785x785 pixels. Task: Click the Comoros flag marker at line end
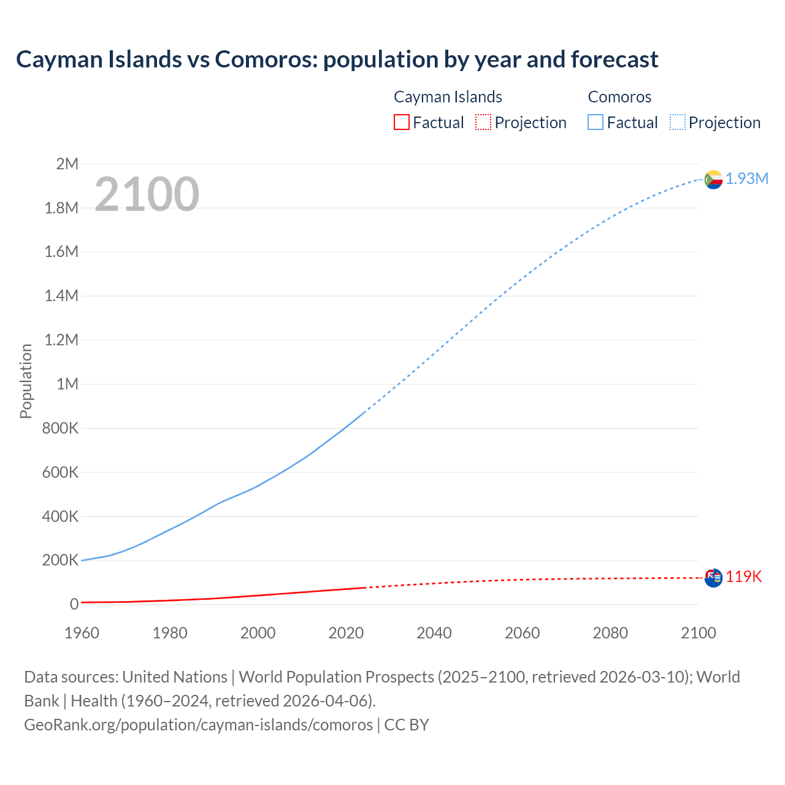[713, 180]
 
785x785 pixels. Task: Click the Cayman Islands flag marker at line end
[713, 578]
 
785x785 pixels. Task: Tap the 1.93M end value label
[747, 178]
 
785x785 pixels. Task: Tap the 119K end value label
[744, 577]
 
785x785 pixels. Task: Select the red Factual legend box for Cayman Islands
[401, 123]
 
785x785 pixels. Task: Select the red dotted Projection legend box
[483, 123]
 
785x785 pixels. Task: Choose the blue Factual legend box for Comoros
[595, 123]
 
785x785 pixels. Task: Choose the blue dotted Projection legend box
[678, 123]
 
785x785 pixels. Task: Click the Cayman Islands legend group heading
[448, 97]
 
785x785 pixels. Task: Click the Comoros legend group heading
[619, 97]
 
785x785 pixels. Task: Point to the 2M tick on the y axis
[67, 164]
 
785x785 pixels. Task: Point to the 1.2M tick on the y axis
[61, 340]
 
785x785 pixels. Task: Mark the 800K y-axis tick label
[60, 428]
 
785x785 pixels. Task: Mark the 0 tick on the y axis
[74, 604]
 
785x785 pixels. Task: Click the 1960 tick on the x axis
[82, 633]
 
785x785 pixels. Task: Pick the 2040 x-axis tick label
[434, 633]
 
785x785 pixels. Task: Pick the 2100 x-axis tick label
[699, 633]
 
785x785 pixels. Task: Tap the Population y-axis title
[26, 381]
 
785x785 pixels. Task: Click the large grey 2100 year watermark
[147, 194]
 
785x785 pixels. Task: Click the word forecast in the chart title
[615, 59]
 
